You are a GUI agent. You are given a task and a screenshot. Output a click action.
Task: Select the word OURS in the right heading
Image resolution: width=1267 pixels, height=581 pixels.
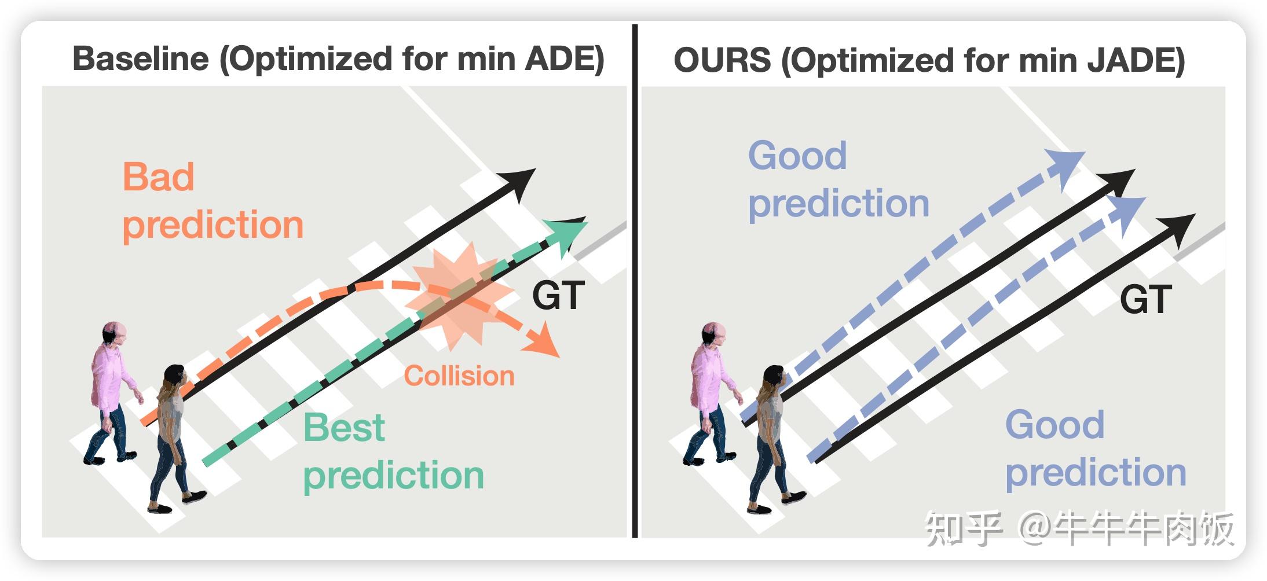click(722, 60)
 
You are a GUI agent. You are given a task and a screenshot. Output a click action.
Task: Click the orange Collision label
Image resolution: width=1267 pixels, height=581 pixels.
click(459, 376)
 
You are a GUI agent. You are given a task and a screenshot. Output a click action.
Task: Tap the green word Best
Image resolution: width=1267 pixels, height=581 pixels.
click(344, 428)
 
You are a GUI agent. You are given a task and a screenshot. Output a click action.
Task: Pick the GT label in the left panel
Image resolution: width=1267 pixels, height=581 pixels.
click(558, 296)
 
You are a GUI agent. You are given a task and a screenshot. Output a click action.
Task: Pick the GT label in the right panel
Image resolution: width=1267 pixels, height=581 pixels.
click(1146, 299)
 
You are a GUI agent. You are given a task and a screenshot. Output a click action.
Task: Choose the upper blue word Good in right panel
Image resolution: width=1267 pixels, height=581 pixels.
click(797, 156)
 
